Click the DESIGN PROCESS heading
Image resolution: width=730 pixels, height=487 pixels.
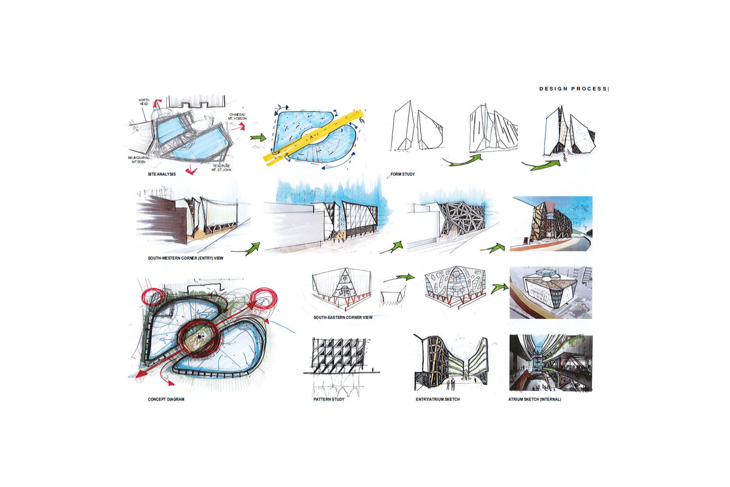[x=573, y=89]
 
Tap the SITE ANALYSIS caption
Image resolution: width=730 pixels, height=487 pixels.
[x=162, y=174]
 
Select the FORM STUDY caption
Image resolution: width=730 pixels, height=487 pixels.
[x=403, y=174]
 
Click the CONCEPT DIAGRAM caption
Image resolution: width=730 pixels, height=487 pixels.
[x=166, y=399]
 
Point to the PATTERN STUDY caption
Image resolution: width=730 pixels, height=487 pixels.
[x=329, y=399]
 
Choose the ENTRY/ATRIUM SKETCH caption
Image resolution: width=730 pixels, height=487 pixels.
[x=438, y=399]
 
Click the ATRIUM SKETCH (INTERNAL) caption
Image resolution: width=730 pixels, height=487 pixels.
[x=535, y=399]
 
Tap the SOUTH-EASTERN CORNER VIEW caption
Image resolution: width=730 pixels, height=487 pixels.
[x=343, y=317]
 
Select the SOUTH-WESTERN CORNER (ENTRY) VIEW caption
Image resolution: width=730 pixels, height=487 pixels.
[x=186, y=258]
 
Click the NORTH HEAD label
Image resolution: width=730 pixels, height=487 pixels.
[x=144, y=102]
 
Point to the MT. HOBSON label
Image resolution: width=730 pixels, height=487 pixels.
[x=238, y=119]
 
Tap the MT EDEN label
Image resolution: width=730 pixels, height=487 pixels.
[x=138, y=162]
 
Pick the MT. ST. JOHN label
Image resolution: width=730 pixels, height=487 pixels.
[x=221, y=170]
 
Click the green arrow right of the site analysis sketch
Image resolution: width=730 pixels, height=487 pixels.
[x=258, y=137]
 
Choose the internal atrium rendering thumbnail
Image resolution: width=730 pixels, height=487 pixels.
[x=551, y=363]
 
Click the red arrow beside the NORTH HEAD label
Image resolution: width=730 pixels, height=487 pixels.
[x=158, y=103]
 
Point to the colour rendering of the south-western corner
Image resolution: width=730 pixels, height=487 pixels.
[x=551, y=224]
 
